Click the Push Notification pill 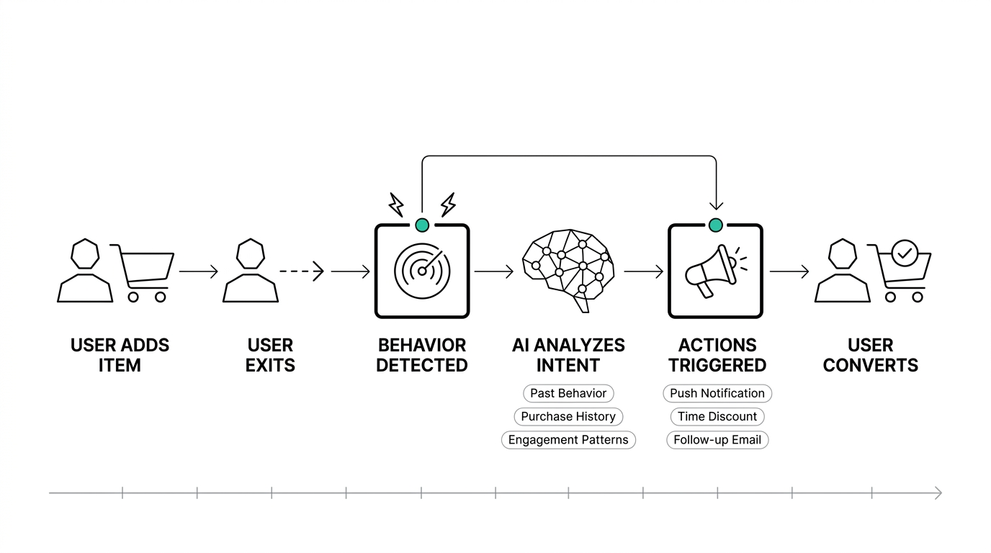click(x=717, y=393)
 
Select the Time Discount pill click(x=717, y=416)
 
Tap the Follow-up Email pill click(x=717, y=440)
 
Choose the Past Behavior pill click(x=568, y=393)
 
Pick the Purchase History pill click(x=568, y=416)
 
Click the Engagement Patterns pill click(x=568, y=440)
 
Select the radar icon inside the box click(x=421, y=271)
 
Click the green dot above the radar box click(x=422, y=225)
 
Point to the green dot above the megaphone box click(x=715, y=225)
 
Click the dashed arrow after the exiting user click(x=302, y=271)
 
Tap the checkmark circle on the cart click(x=904, y=253)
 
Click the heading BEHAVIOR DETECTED click(x=422, y=355)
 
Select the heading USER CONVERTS click(x=870, y=355)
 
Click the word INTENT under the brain click(x=568, y=366)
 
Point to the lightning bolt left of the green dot click(x=396, y=204)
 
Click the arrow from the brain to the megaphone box click(x=643, y=271)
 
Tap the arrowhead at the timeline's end click(x=938, y=493)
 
